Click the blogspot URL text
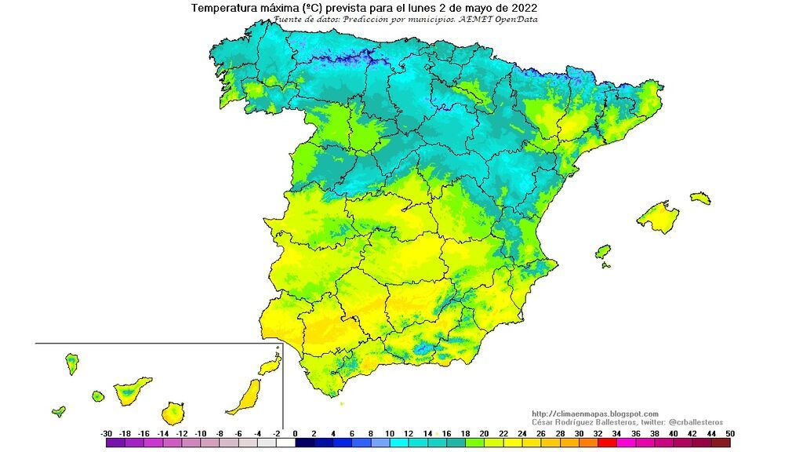[x=595, y=414]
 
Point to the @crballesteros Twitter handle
[x=689, y=422]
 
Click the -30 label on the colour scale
[x=107, y=433]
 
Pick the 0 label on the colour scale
[x=295, y=433]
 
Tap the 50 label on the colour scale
[x=730, y=433]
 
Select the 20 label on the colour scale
[x=484, y=433]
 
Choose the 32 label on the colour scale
[x=598, y=433]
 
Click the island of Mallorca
[x=657, y=217]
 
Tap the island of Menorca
[x=700, y=198]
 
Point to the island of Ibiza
[x=603, y=252]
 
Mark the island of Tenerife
[x=132, y=389]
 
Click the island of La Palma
[x=72, y=363]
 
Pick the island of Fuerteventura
[x=245, y=397]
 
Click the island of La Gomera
[x=98, y=397]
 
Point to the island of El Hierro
[x=59, y=410]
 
